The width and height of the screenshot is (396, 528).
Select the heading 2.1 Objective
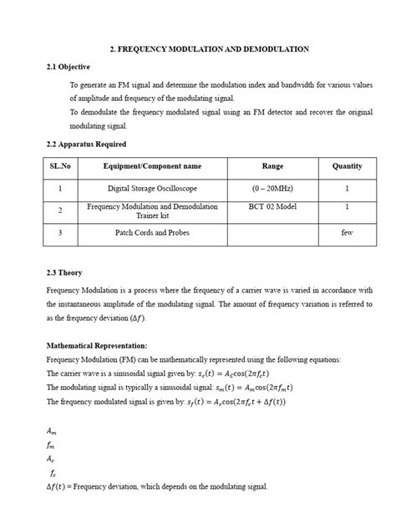click(x=69, y=67)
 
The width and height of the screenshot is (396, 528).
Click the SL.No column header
click(x=60, y=166)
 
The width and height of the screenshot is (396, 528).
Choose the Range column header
click(x=272, y=166)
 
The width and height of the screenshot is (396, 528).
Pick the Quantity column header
click(x=347, y=166)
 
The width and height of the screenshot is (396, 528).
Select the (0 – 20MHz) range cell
click(x=272, y=189)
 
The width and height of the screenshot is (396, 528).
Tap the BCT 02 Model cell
click(x=272, y=206)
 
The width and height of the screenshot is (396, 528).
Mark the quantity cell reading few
click(x=347, y=233)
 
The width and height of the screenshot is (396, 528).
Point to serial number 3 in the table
click(x=60, y=233)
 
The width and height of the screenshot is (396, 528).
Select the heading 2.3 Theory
click(x=64, y=272)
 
